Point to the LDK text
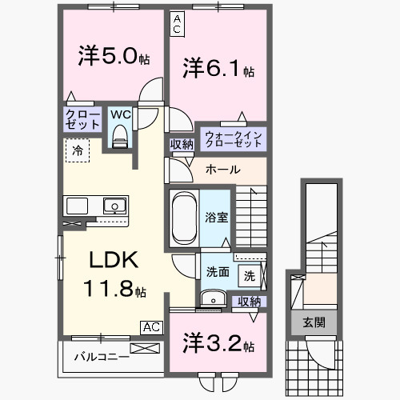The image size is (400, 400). click(113, 261)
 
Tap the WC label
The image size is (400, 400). click(119, 114)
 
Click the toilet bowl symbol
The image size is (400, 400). click(120, 138)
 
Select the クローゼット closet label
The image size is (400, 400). click(83, 121)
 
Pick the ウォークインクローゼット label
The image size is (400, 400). click(233, 138)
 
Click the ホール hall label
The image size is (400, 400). click(222, 170)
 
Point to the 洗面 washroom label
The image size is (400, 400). click(217, 272)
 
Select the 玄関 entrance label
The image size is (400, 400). click(314, 322)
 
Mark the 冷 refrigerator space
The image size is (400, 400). click(78, 150)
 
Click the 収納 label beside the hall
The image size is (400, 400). click(181, 145)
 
